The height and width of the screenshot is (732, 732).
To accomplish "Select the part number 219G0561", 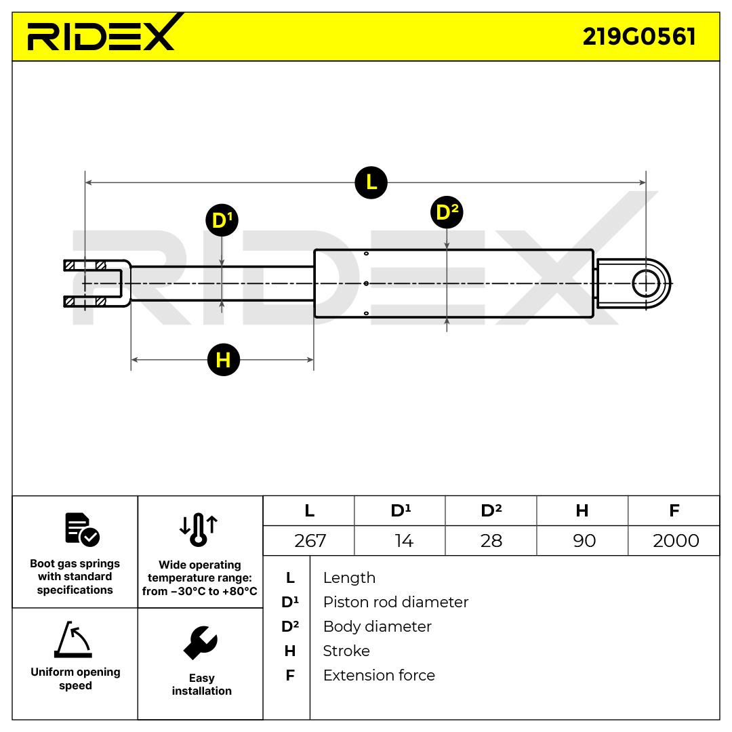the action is tap(639, 37).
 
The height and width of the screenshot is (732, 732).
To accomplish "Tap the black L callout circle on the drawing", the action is tap(371, 182).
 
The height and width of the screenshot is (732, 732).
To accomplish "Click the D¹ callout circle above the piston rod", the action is tap(222, 220).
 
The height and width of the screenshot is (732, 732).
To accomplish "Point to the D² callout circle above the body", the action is tap(446, 212).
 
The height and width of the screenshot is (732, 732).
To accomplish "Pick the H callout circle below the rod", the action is tap(223, 359).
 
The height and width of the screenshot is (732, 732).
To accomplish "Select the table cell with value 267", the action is tap(310, 540).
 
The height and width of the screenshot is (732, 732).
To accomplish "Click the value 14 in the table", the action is tap(402, 540).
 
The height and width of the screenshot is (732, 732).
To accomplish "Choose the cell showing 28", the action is tap(491, 540).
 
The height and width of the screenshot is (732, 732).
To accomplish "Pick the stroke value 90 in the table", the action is tap(584, 540).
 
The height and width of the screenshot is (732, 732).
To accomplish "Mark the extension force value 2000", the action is tap(674, 540).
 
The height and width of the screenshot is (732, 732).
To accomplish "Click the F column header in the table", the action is tap(674, 510).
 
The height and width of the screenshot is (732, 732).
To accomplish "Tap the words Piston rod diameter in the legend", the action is tap(395, 602).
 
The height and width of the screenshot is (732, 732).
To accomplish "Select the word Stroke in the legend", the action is tap(346, 651).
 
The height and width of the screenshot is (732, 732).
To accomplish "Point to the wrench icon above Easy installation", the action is tap(201, 643).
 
